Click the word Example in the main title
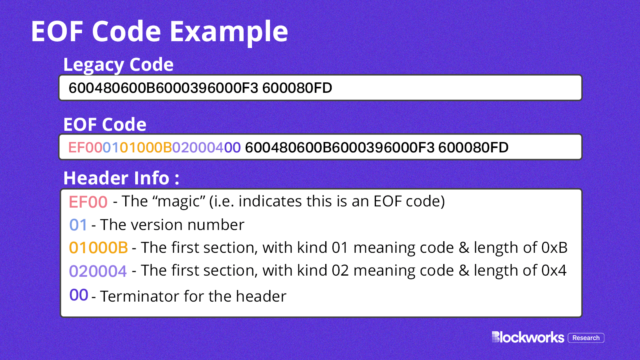pyautogui.click(x=228, y=32)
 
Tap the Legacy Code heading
pyautogui.click(x=118, y=64)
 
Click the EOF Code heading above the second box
pyautogui.click(x=105, y=124)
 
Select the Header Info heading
pyautogui.click(x=122, y=178)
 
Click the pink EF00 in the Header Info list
pyautogui.click(x=88, y=202)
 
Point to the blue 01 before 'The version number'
pyautogui.click(x=78, y=225)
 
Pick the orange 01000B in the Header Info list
pyautogui.click(x=98, y=248)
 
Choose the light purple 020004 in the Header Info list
pyautogui.click(x=98, y=271)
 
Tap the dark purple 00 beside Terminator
pyautogui.click(x=78, y=295)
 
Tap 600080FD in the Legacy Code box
pyautogui.click(x=297, y=88)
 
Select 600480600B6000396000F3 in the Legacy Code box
pyautogui.click(x=164, y=88)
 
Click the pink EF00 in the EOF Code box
pyautogui.click(x=86, y=148)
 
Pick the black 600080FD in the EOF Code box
pyautogui.click(x=474, y=148)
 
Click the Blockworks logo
pyautogui.click(x=528, y=337)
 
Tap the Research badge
pyautogui.click(x=586, y=338)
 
